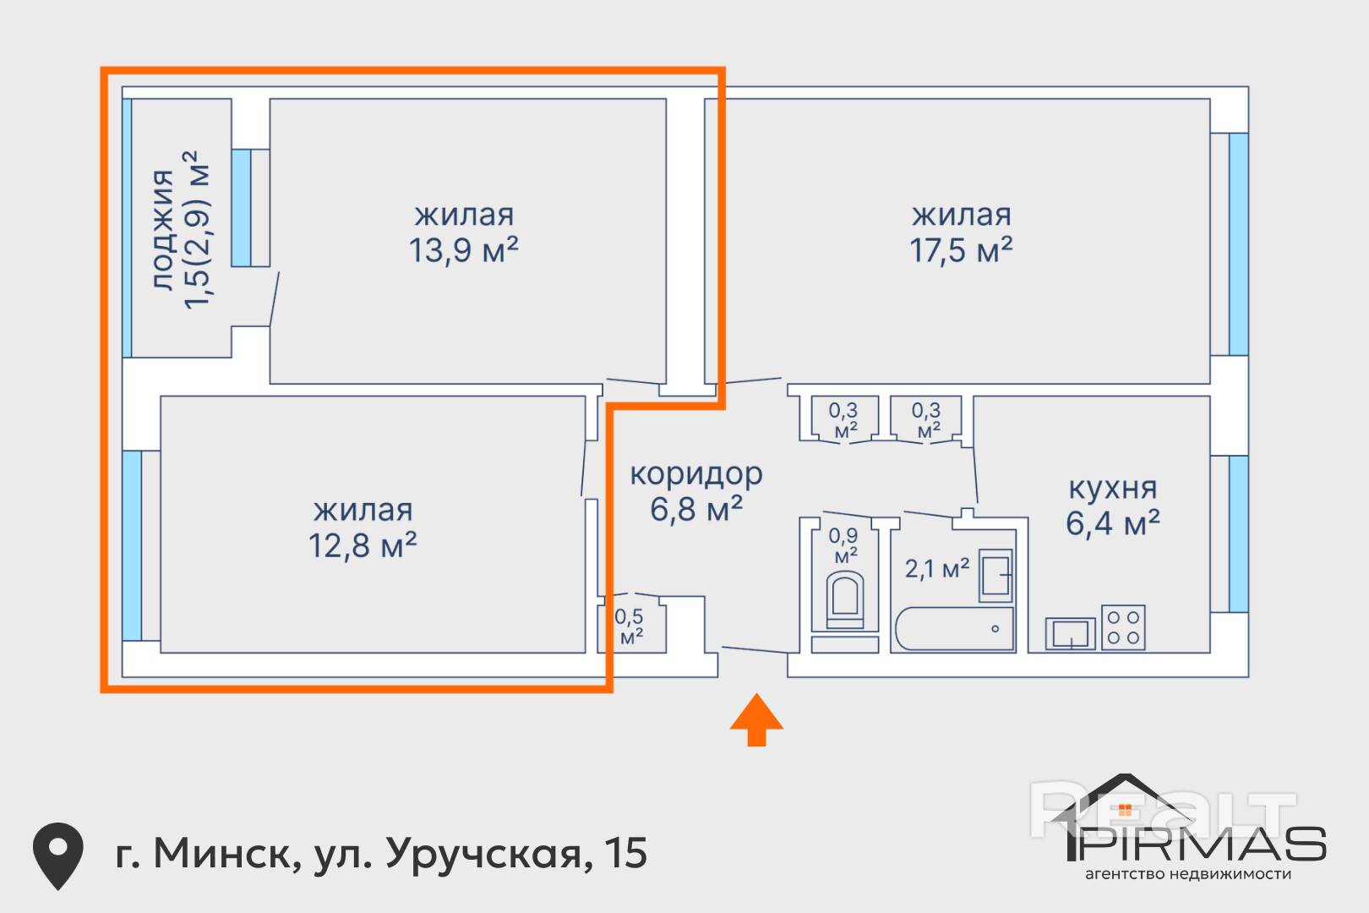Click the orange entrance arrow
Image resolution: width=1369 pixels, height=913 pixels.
[756, 719]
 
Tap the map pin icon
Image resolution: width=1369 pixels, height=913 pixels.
[58, 856]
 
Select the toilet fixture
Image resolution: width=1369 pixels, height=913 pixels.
[845, 599]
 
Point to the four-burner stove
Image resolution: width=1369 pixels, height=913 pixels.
[1123, 627]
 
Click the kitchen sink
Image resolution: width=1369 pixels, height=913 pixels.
[1070, 633]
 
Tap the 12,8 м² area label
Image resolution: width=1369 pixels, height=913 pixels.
[363, 545]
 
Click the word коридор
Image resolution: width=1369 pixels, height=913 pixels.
[696, 474]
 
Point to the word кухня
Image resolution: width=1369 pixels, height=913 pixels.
[1113, 489]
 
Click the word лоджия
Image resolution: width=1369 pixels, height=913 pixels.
[163, 229]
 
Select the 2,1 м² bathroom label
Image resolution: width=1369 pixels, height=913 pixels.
[937, 569]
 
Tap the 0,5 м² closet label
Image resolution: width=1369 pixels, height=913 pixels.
[630, 626]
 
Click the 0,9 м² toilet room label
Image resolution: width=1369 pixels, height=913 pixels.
[844, 545]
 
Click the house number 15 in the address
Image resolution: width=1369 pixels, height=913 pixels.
[626, 853]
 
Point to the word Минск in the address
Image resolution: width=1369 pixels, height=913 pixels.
[226, 854]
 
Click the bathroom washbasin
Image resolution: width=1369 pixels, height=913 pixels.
[995, 575]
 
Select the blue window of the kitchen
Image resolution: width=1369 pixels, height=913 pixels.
[1239, 534]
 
